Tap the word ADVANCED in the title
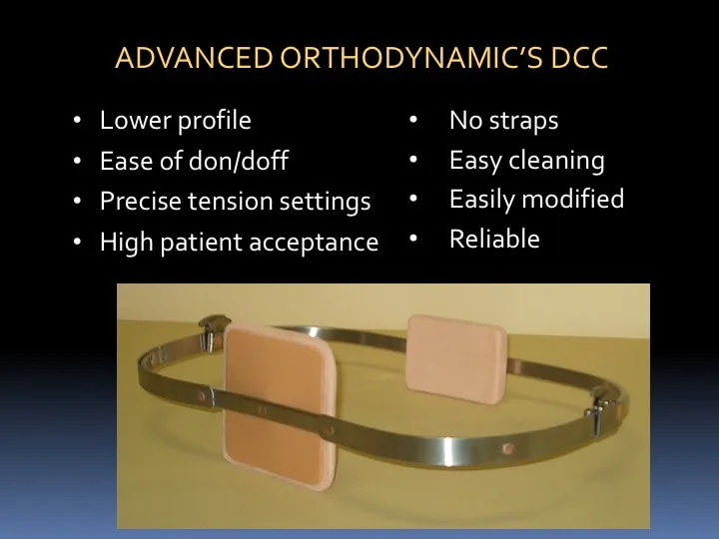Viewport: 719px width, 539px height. [194, 58]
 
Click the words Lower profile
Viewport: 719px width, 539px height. [176, 121]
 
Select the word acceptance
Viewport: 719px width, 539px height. [314, 243]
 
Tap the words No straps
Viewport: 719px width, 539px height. [504, 121]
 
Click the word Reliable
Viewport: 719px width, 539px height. [494, 239]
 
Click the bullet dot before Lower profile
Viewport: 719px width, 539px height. [77, 121]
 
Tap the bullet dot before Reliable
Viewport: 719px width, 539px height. [413, 239]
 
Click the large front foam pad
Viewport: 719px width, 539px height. [280, 404]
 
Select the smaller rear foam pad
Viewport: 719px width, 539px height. [456, 359]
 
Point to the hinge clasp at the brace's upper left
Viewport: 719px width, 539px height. [212, 331]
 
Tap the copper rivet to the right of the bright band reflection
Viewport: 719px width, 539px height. [508, 448]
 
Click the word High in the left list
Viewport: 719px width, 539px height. [127, 243]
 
